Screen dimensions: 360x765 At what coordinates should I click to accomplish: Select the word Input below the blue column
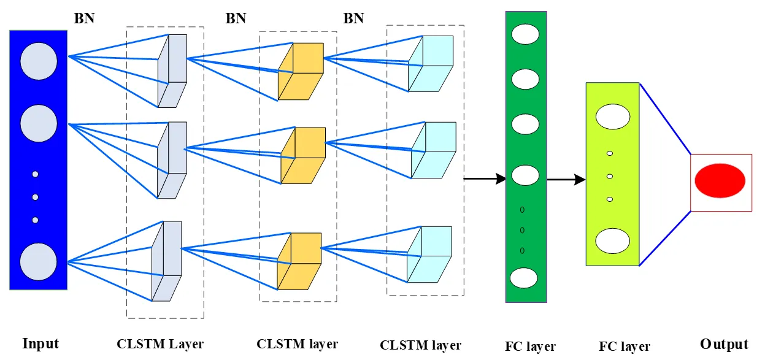pyautogui.click(x=40, y=343)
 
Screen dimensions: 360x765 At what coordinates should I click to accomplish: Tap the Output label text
pyautogui.click(x=724, y=344)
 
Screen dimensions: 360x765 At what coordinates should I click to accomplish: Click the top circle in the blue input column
pyautogui.click(x=39, y=61)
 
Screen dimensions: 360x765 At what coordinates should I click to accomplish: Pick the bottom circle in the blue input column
pyautogui.click(x=39, y=262)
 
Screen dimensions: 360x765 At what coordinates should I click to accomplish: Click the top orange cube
pyautogui.click(x=300, y=71)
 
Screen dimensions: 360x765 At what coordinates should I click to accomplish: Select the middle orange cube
pyautogui.click(x=303, y=155)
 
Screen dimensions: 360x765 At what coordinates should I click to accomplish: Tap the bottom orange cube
pyautogui.click(x=299, y=261)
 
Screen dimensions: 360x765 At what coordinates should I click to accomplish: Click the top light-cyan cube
pyautogui.click(x=431, y=64)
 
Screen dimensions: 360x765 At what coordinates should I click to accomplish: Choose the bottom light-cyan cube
pyautogui.click(x=429, y=255)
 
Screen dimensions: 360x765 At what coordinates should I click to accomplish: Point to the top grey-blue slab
pyautogui.click(x=172, y=71)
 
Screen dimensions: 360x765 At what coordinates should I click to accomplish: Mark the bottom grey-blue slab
pyautogui.click(x=167, y=261)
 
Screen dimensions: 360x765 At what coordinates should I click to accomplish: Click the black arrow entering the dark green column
pyautogui.click(x=484, y=178)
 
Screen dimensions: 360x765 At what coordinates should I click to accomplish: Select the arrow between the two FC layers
pyautogui.click(x=565, y=180)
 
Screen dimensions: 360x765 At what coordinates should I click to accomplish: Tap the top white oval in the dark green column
pyautogui.click(x=525, y=34)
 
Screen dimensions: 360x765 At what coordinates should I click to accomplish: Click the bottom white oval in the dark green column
pyautogui.click(x=525, y=278)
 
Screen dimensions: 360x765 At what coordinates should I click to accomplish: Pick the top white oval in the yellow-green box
pyautogui.click(x=612, y=117)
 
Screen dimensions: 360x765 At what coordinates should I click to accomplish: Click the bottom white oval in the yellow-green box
pyautogui.click(x=612, y=240)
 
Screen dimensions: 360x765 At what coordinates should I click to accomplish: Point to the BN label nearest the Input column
pyautogui.click(x=85, y=18)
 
